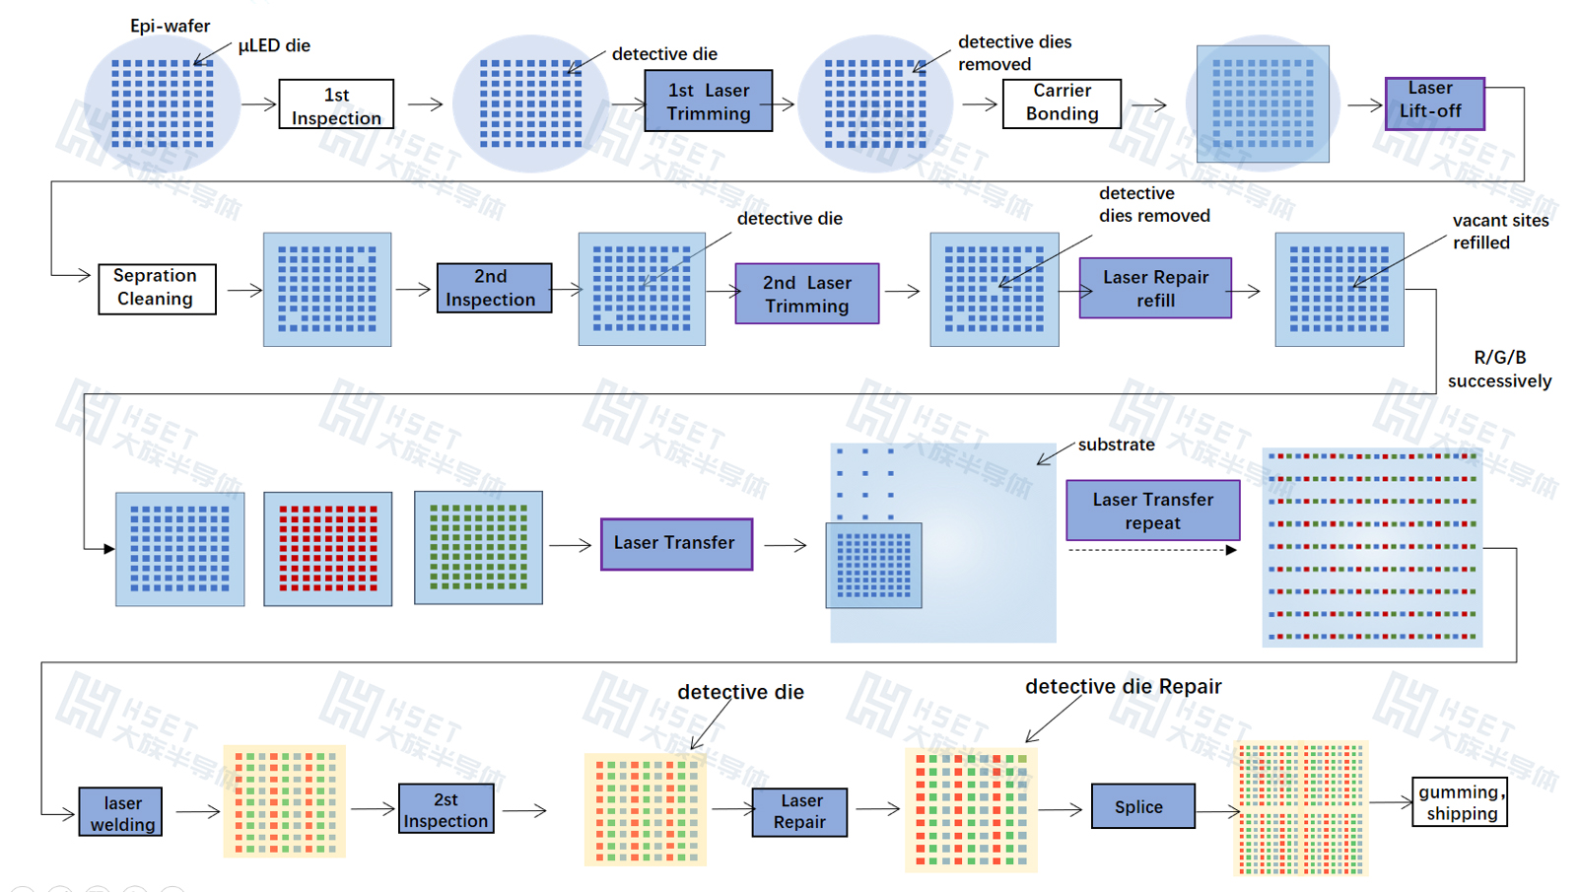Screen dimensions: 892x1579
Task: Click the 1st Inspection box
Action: tap(336, 104)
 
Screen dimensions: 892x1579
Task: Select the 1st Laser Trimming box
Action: tap(708, 101)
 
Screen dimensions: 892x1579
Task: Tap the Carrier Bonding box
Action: tap(1062, 103)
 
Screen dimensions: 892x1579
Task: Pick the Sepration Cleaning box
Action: tap(157, 288)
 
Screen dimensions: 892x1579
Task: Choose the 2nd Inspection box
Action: tap(494, 288)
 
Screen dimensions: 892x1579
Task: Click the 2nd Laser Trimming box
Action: tap(806, 293)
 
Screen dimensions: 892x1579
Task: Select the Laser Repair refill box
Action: tap(1155, 288)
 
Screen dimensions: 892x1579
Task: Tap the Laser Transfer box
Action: tap(676, 543)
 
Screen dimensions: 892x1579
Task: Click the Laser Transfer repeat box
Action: tap(1152, 511)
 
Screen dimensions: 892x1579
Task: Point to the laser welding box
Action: tap(120, 812)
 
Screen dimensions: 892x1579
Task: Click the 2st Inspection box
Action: tap(446, 809)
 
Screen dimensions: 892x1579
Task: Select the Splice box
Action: tap(1142, 806)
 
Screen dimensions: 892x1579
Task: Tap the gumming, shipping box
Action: tap(1459, 802)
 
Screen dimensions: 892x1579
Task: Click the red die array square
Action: tap(328, 548)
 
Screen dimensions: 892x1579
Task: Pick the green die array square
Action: tap(478, 547)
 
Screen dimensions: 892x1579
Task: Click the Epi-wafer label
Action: tap(170, 26)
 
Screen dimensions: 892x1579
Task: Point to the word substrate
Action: tap(1116, 445)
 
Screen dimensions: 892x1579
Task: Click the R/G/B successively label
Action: tap(1499, 369)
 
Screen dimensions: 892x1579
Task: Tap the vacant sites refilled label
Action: tap(1499, 232)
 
